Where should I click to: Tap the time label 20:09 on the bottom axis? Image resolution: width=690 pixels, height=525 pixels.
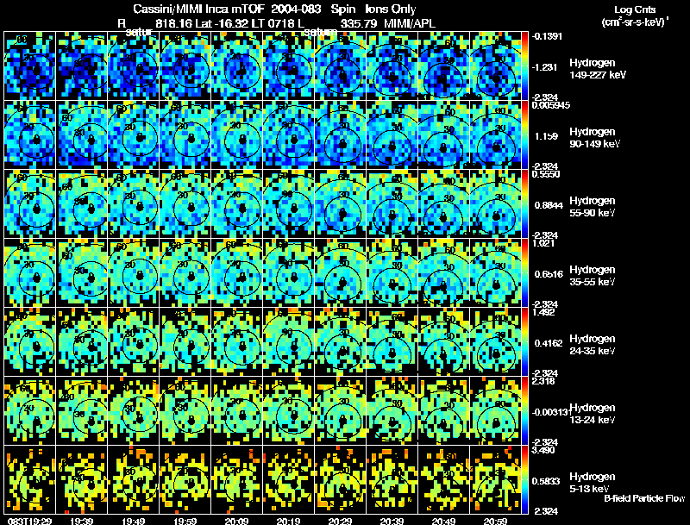(x=236, y=521)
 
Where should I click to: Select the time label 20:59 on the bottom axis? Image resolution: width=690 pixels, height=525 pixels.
(x=495, y=521)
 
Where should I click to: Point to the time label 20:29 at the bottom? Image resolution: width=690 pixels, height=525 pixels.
(x=340, y=521)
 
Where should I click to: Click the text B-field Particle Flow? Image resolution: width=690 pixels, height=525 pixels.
(x=644, y=499)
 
